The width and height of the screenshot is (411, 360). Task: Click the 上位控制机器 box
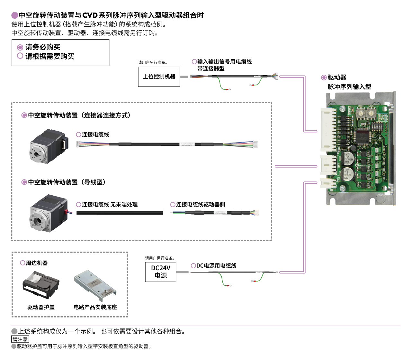pos(159,77)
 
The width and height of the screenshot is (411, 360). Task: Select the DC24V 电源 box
pos(161,272)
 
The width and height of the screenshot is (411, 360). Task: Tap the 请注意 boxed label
pos(20,339)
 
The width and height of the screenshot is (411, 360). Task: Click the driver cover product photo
pos(41,285)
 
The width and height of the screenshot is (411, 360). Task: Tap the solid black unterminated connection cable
pos(120,213)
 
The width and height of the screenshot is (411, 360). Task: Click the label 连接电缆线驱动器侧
pos(200,205)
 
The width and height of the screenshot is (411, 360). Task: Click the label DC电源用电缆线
pos(216,266)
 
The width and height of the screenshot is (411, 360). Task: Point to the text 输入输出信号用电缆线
pos(224,61)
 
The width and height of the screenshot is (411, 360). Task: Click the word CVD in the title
pos(90,15)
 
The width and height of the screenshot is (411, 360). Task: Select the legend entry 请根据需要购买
pos(49,56)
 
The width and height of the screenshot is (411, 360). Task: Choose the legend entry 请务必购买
pos(43,47)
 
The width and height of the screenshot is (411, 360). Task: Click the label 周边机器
pos(37,263)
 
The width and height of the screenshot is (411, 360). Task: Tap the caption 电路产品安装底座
pos(95,307)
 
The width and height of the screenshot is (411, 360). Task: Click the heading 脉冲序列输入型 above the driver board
pos(349,87)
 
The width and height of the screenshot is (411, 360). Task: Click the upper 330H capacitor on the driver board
pos(348,158)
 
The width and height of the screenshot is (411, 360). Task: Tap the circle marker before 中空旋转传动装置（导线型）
pos(24,182)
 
